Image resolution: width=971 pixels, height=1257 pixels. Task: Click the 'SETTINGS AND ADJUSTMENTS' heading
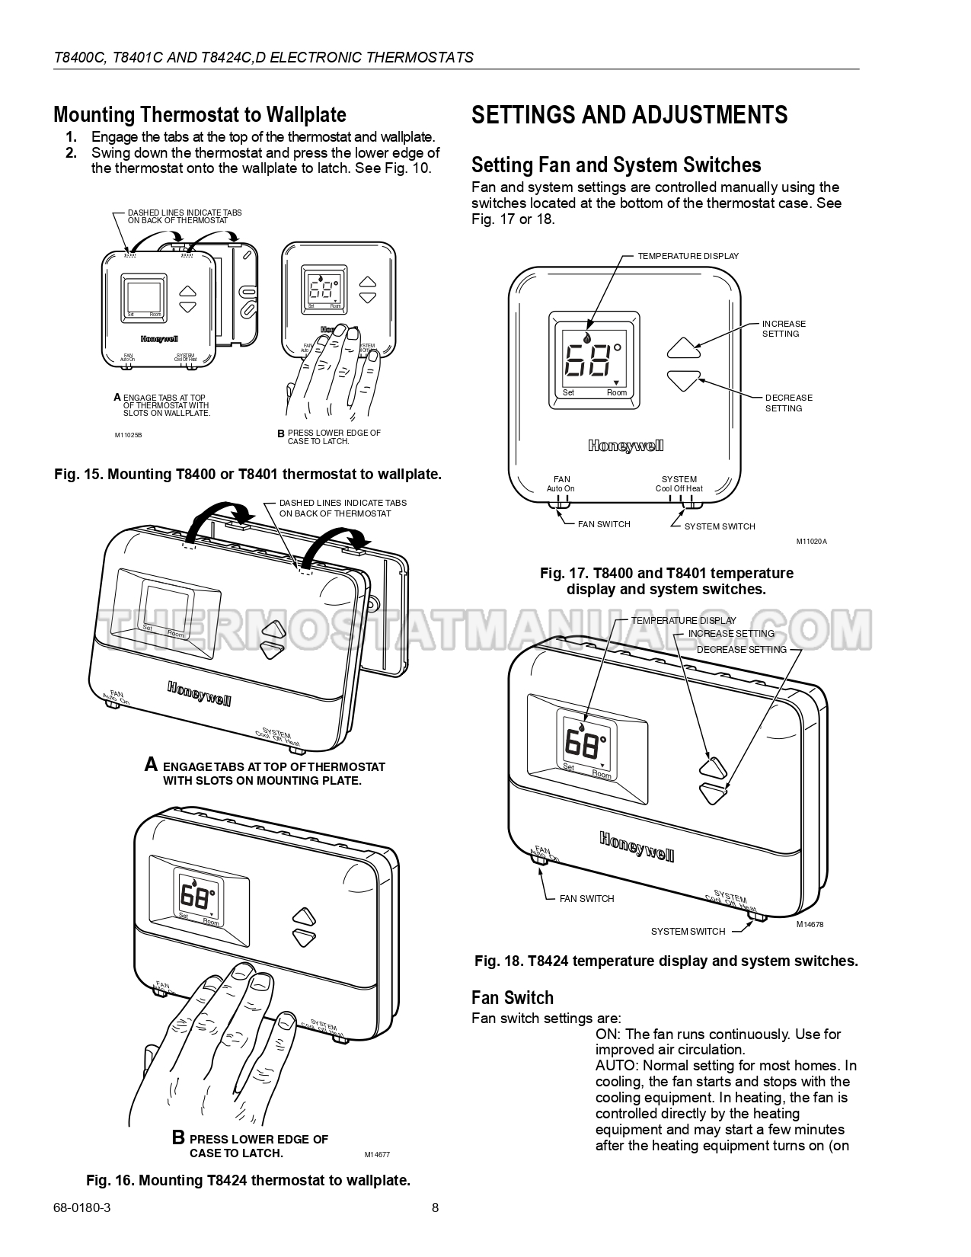(x=629, y=115)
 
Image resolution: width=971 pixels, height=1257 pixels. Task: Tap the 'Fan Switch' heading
(x=512, y=998)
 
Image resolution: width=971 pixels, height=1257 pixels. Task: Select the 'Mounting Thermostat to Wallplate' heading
(x=200, y=115)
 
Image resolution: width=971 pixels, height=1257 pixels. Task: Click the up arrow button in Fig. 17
(x=683, y=348)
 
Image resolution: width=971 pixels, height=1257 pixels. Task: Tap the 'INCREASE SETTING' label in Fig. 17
(x=784, y=328)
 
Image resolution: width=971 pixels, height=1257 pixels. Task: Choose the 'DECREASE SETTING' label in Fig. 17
(x=788, y=403)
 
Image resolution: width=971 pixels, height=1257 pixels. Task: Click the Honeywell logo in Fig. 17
(x=625, y=446)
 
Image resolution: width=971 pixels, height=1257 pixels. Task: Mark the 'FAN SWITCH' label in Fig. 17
(x=604, y=524)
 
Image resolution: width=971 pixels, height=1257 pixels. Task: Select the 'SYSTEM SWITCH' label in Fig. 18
(x=688, y=932)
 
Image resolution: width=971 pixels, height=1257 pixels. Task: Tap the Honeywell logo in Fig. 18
(x=637, y=846)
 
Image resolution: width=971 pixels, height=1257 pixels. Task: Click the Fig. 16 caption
(x=248, y=1180)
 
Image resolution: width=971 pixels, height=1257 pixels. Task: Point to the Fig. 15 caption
(x=248, y=474)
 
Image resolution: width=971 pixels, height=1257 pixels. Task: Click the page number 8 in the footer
(x=435, y=1207)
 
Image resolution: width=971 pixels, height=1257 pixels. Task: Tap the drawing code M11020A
(x=811, y=542)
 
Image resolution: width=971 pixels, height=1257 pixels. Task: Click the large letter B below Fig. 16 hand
(x=178, y=1138)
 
